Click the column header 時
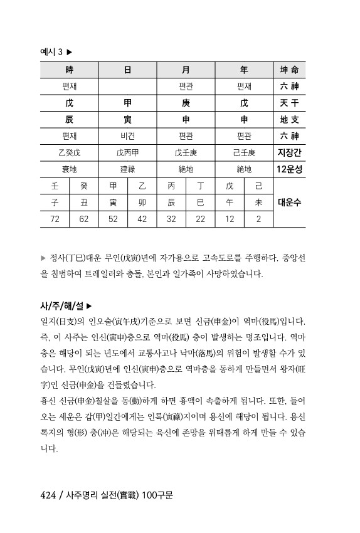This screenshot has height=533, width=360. [x=69, y=70]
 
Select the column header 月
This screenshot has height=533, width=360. [x=186, y=70]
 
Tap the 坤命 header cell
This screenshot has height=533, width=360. [x=289, y=70]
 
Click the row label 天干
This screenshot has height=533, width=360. [x=289, y=102]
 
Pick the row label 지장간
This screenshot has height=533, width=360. [x=289, y=152]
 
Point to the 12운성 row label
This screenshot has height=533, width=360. [x=289, y=169]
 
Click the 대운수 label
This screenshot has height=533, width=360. [x=289, y=202]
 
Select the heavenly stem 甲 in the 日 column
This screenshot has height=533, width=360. [x=127, y=102]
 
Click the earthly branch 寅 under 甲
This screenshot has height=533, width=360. [x=127, y=119]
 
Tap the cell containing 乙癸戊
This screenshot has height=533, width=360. [x=69, y=152]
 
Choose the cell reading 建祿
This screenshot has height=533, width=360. [x=127, y=169]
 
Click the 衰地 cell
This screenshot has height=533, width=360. [x=69, y=169]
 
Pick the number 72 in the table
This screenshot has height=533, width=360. [x=55, y=219]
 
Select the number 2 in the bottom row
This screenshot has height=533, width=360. [x=258, y=219]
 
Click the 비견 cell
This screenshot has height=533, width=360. [x=127, y=135]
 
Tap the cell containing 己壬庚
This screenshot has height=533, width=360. [x=244, y=152]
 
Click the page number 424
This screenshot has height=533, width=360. [x=48, y=495]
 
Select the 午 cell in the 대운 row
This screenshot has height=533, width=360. [x=229, y=202]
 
